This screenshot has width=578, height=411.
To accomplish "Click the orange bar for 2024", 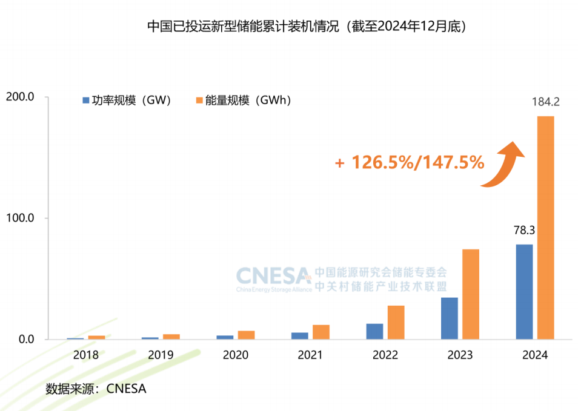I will (545, 227).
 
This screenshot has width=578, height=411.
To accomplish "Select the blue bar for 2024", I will (524, 292).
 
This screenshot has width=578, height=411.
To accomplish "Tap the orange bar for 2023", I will (471, 294).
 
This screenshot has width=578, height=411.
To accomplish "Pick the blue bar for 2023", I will (450, 318).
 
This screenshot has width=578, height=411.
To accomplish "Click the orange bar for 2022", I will (396, 322).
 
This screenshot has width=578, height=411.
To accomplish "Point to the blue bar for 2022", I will (374, 331).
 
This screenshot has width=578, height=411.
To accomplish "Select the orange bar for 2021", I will (321, 332).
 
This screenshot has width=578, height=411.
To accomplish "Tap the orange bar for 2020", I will (246, 335).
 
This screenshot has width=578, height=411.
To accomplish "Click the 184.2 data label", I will (545, 102).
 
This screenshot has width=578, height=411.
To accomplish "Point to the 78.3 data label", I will (523, 231).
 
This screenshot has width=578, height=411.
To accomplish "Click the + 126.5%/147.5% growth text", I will (409, 162).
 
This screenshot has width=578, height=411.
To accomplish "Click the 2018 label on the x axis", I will (85, 355).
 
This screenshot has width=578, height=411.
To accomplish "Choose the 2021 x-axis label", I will (310, 355).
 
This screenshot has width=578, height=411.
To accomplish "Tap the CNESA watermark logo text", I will (273, 276).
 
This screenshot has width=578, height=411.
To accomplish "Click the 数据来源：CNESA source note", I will (96, 389).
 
